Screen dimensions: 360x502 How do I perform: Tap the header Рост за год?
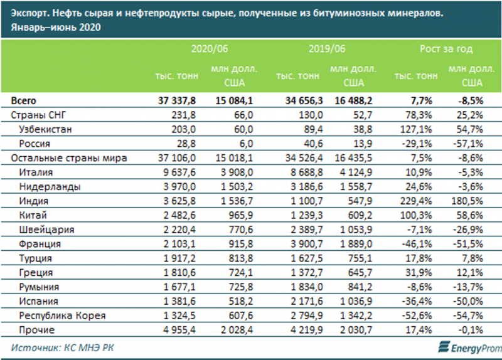tap(446, 48)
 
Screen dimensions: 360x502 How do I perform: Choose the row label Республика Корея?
tap(62, 315)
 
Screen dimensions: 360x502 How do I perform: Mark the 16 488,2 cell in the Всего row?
tap(355, 100)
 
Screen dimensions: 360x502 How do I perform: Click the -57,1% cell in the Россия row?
tap(468, 144)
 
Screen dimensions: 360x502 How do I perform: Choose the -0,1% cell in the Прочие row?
tap(471, 329)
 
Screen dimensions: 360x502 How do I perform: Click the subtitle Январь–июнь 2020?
tap(55, 28)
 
